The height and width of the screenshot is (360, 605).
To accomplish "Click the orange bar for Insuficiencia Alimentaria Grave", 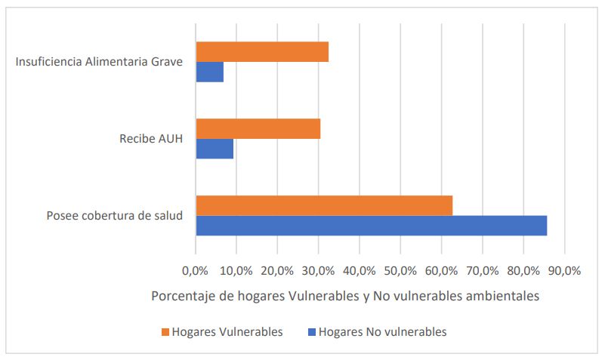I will [262, 52].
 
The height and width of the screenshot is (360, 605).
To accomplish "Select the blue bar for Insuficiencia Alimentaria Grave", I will [209, 72].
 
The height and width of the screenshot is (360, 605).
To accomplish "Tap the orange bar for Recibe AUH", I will [258, 129].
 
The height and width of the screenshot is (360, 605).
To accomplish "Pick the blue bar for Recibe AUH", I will [215, 149].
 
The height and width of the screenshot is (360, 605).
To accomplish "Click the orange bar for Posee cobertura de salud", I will [324, 205].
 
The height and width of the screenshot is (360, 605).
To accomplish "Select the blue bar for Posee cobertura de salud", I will [371, 225].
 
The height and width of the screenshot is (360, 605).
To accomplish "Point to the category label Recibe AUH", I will [151, 139].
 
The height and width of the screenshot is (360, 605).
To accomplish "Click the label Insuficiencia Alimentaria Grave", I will [99, 62].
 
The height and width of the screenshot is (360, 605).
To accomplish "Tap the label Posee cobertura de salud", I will [115, 215].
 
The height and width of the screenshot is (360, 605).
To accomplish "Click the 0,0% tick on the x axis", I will [196, 270].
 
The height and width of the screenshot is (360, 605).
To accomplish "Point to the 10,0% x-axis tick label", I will [236, 270].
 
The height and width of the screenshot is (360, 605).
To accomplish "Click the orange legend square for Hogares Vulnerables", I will [165, 331].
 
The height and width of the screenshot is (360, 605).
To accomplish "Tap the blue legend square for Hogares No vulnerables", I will [311, 331].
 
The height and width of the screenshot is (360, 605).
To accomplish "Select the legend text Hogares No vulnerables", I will [383, 331].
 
